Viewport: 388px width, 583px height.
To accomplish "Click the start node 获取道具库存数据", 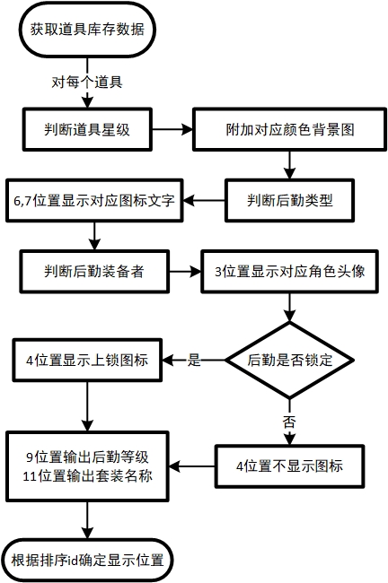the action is pyautogui.click(x=87, y=30).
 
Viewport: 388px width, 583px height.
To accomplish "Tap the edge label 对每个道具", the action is pyautogui.click(x=87, y=82).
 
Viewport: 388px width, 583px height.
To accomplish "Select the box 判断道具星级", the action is pyautogui.click(x=87, y=129).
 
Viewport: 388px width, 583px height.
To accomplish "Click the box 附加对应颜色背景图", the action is pyautogui.click(x=290, y=129).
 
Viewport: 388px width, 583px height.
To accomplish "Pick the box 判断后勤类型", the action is pyautogui.click(x=290, y=200).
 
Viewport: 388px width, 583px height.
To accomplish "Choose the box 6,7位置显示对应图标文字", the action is pyautogui.click(x=94, y=200).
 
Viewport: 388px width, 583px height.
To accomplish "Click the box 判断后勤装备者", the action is pyautogui.click(x=94, y=272).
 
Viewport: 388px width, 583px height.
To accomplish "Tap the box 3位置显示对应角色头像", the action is pyautogui.click(x=290, y=272).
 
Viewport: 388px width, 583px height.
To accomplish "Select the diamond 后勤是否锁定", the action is pyautogui.click(x=290, y=360).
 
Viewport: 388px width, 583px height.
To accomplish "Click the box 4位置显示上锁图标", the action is pyautogui.click(x=87, y=360).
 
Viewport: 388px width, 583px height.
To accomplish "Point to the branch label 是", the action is pyautogui.click(x=194, y=360).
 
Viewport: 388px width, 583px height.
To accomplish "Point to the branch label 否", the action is pyautogui.click(x=289, y=422).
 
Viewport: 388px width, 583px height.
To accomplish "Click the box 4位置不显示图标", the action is pyautogui.click(x=290, y=466).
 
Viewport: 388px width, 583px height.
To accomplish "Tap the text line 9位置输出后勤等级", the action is pyautogui.click(x=87, y=457).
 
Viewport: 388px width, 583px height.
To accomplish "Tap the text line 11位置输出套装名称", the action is pyautogui.click(x=87, y=476).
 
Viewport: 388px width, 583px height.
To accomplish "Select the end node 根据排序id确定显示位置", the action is pyautogui.click(x=87, y=560).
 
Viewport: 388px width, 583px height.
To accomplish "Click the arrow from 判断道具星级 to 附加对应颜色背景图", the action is pyautogui.click(x=172, y=129).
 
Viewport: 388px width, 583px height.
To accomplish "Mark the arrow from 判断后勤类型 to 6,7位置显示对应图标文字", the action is pyautogui.click(x=204, y=200).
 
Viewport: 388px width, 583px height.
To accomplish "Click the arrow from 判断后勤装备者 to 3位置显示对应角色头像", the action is pyautogui.click(x=185, y=272).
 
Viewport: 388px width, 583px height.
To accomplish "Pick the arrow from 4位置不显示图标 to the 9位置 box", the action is pyautogui.click(x=192, y=466).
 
